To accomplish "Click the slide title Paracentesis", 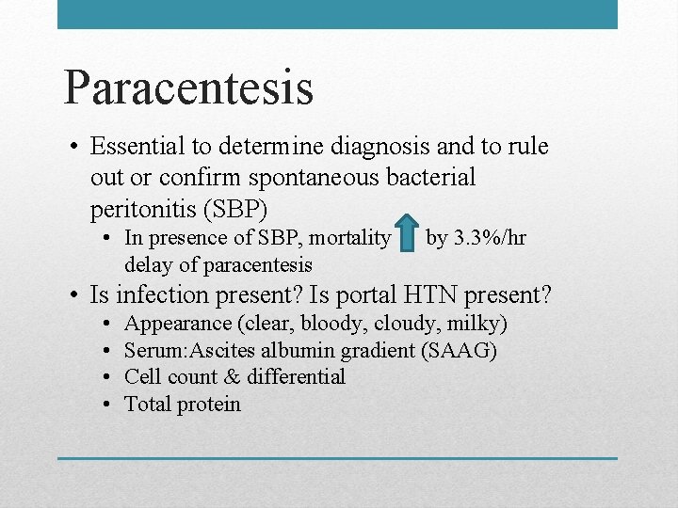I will (188, 87).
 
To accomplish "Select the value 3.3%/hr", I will (489, 238).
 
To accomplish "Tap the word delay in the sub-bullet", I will (148, 264).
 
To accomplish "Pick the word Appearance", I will (178, 324).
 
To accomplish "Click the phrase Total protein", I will (183, 405).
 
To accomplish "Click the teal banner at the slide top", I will (337, 14).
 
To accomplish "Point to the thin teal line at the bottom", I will (337, 458).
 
